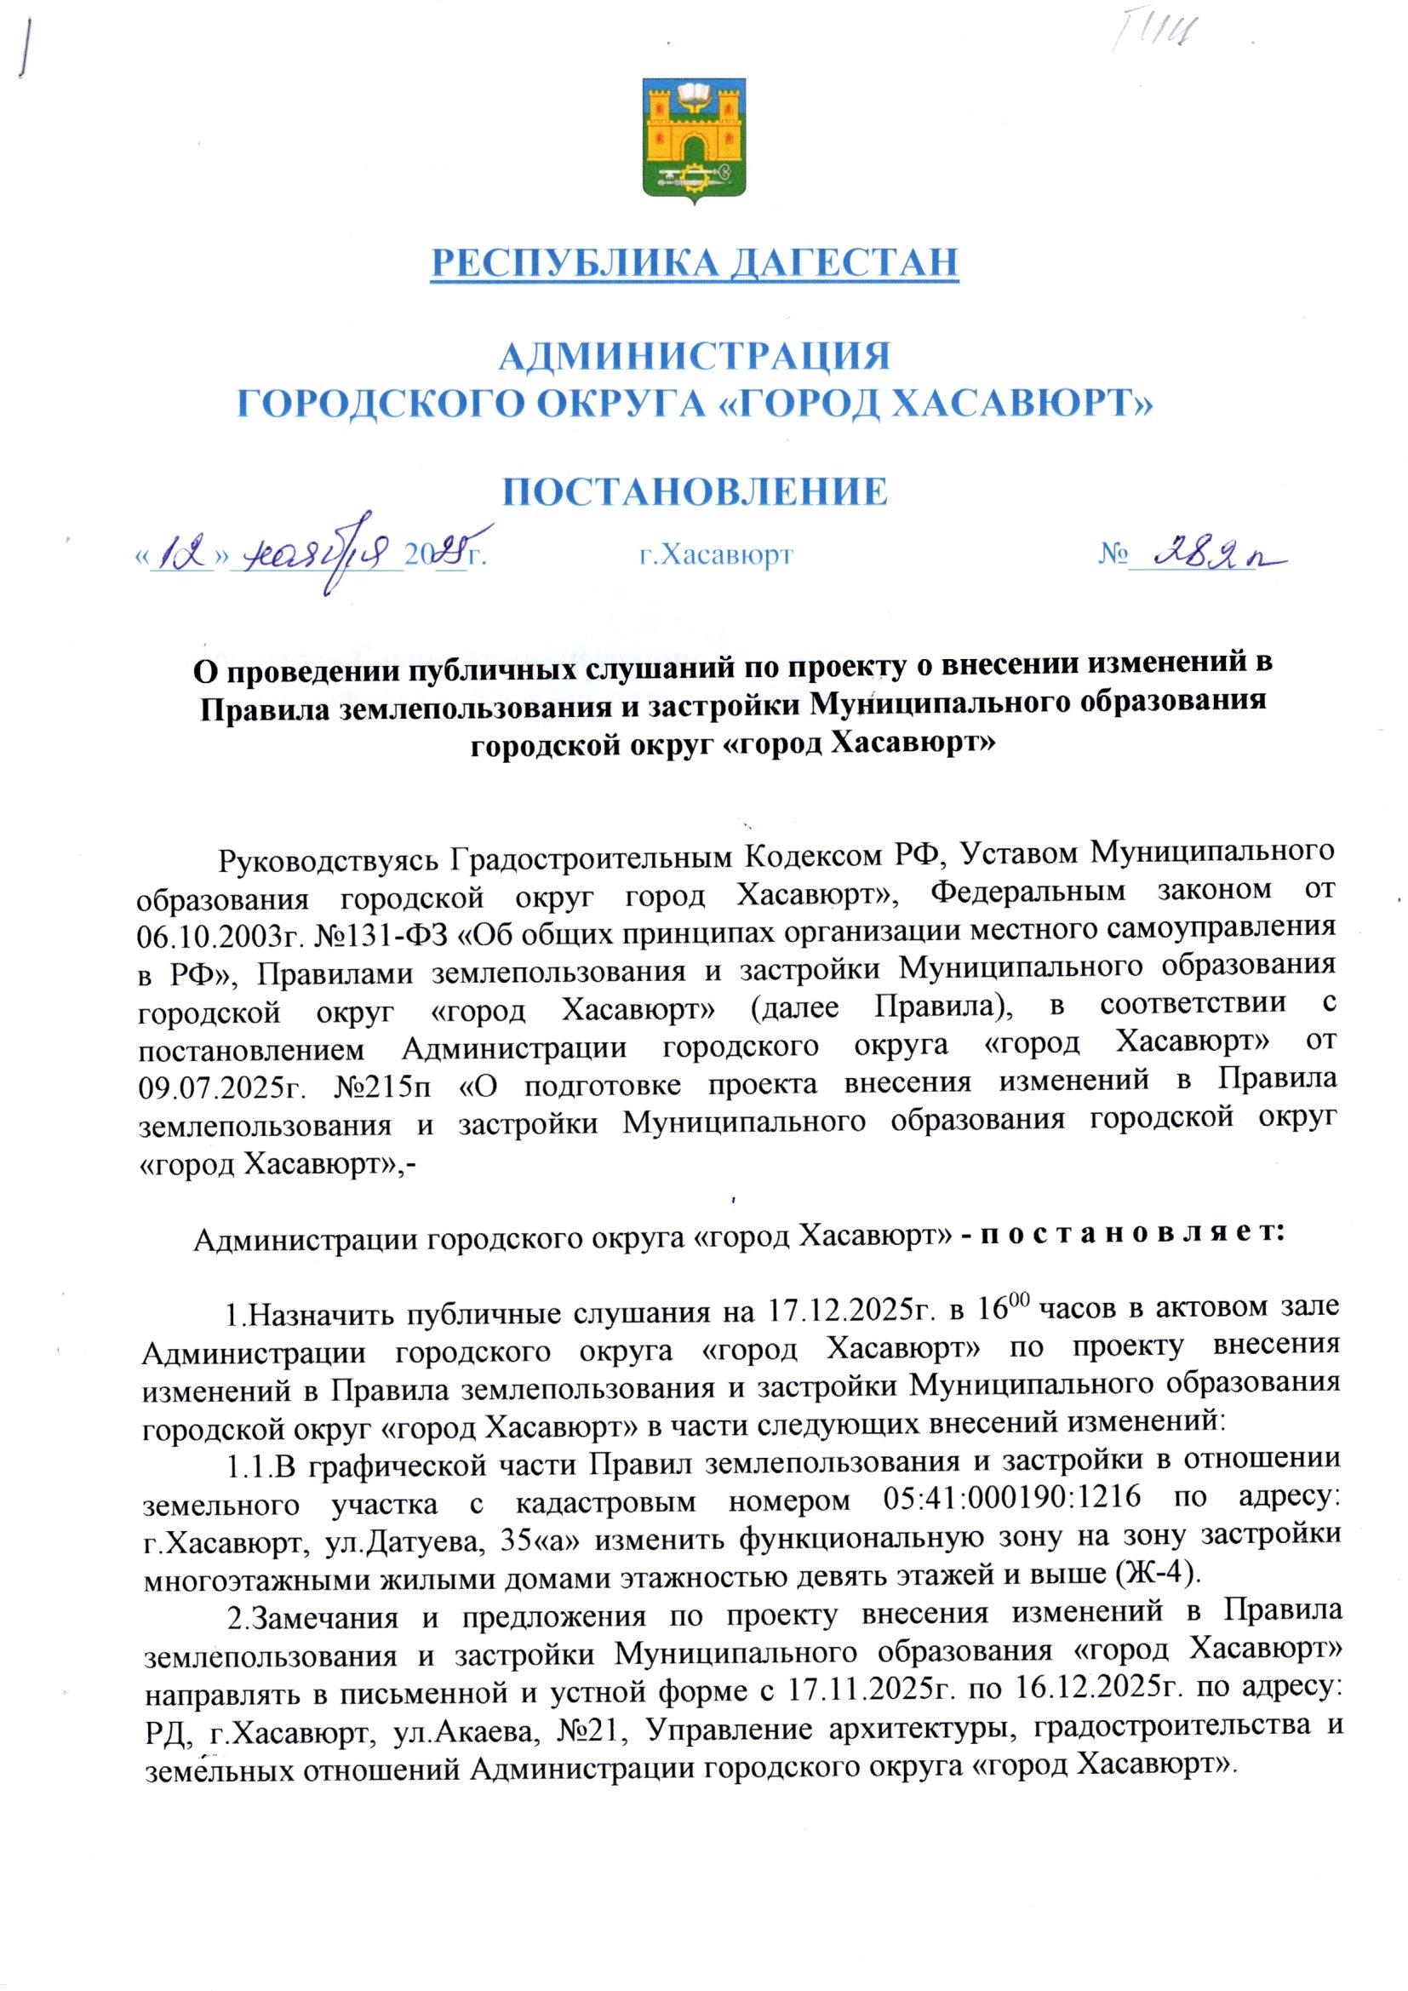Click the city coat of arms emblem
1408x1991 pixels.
694,140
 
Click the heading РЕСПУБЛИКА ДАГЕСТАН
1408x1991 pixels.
695,263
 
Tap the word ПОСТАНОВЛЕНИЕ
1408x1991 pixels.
695,491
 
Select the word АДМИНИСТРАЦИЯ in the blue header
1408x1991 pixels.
695,357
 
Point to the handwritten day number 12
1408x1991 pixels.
183,553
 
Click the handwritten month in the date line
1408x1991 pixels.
321,553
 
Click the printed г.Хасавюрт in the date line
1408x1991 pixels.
716,554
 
